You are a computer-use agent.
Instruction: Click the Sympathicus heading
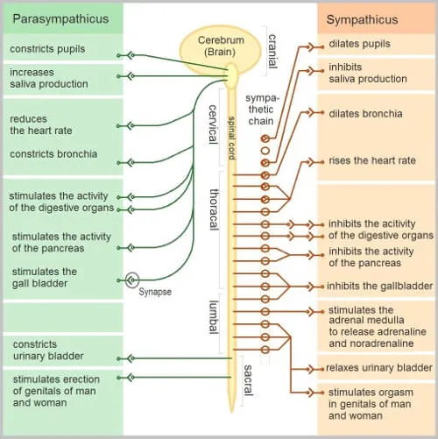coord(362,19)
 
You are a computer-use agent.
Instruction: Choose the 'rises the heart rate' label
coord(371,161)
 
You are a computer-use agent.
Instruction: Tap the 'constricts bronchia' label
coord(53,154)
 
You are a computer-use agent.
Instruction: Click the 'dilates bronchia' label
coord(365,113)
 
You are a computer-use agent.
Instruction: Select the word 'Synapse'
coord(154,292)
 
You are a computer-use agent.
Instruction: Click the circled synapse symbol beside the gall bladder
coord(132,279)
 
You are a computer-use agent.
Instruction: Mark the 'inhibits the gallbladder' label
coord(379,286)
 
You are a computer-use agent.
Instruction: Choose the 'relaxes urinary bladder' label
coord(379,367)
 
